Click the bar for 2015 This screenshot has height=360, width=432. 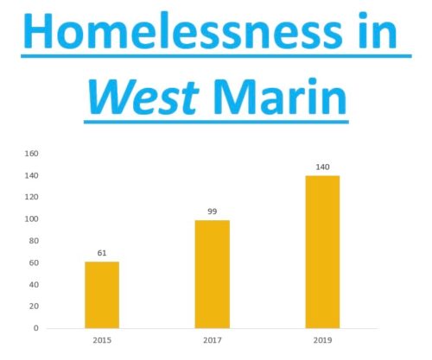[102, 295]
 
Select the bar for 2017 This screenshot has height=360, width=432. [213, 275]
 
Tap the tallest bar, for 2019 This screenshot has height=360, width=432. [322, 252]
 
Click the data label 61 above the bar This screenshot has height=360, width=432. [102, 253]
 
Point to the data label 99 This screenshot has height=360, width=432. [213, 212]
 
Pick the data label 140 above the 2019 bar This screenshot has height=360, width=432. [322, 167]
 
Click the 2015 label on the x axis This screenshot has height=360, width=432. [102, 340]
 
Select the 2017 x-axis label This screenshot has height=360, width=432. [213, 340]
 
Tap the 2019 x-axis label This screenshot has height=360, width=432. [322, 340]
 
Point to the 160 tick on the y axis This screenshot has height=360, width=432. [31, 154]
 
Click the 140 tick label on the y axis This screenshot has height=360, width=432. [31, 175]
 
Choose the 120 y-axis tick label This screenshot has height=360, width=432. [31, 197]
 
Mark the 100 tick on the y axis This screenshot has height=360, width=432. [31, 219]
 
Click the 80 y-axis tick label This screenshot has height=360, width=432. [34, 241]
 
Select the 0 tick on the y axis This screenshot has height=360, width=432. [36, 328]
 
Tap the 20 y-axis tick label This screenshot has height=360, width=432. [34, 306]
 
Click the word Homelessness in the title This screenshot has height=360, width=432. [182, 30]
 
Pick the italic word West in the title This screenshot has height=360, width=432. [143, 97]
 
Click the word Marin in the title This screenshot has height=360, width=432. [279, 97]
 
